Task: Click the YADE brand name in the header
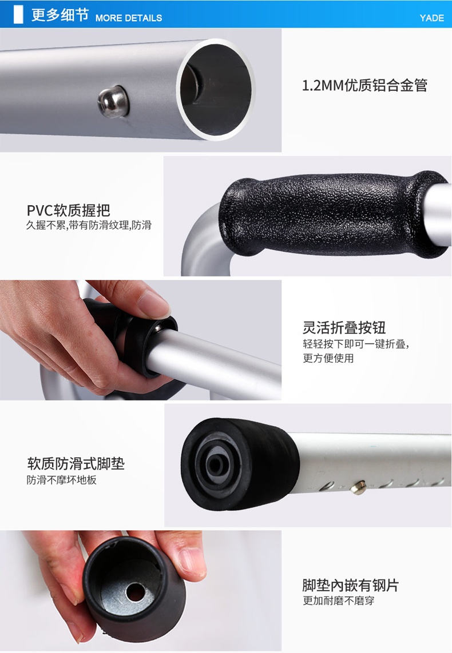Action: (431, 18)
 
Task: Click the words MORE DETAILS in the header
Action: (128, 18)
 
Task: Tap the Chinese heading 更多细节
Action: (60, 15)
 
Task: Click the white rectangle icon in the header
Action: (18, 15)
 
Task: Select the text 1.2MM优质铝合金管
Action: (364, 85)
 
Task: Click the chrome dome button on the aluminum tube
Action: (113, 102)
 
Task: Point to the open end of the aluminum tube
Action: (216, 89)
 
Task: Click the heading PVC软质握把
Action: (69, 210)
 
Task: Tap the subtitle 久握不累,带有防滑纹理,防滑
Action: (89, 225)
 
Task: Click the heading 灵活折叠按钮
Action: (344, 328)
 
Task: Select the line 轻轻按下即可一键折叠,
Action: (356, 344)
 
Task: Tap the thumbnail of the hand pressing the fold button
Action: (141, 340)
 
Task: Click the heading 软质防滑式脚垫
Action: (76, 463)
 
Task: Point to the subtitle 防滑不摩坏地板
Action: (62, 480)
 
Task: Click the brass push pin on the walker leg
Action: (358, 487)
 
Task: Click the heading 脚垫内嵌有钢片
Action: (350, 586)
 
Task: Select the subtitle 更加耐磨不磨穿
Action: (339, 600)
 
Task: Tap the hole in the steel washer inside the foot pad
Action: (135, 592)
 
